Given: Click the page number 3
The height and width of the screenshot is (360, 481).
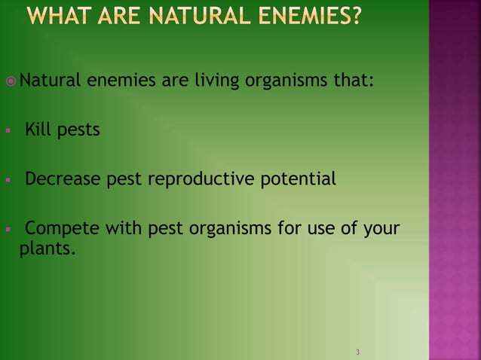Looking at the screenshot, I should pos(357,352).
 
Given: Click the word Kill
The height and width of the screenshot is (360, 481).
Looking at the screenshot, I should pos(37,130).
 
